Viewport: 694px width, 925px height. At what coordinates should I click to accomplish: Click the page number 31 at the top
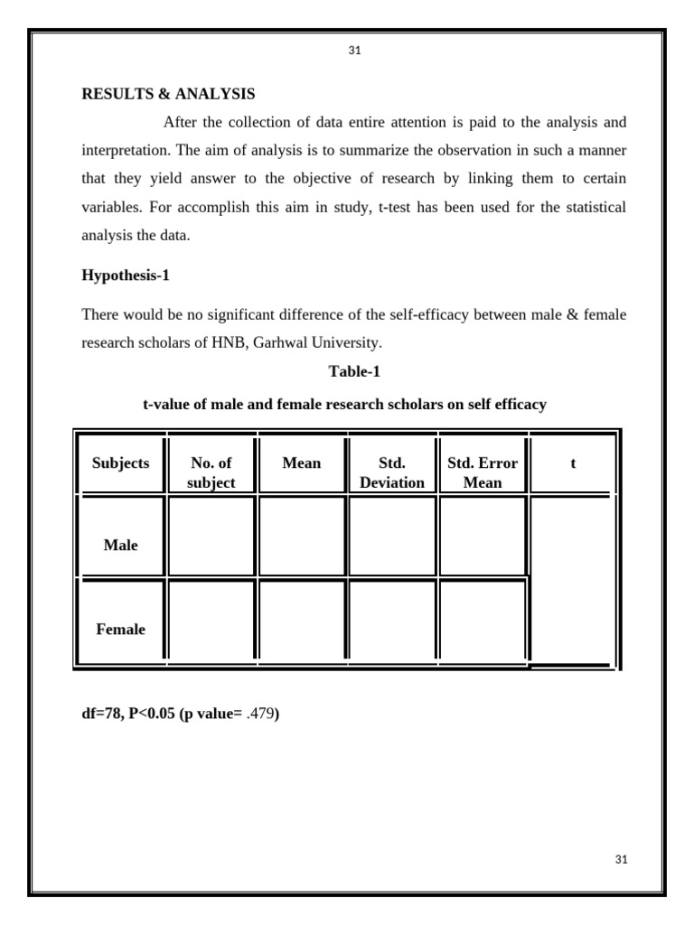pos(354,51)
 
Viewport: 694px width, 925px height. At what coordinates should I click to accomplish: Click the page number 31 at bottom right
pos(620,859)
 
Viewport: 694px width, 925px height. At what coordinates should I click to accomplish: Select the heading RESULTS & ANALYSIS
pos(168,94)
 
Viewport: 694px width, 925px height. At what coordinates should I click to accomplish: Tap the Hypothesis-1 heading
pos(126,276)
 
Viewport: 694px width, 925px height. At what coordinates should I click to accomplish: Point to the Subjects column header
pos(120,462)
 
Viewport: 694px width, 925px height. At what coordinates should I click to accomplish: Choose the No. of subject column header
pos(211,472)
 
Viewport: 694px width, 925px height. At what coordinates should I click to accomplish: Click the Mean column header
pos(302,462)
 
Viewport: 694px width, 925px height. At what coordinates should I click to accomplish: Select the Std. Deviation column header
pos(392,472)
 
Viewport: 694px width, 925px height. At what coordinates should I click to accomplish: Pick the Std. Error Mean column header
pos(483,472)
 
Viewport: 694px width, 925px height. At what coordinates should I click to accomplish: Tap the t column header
pos(573,462)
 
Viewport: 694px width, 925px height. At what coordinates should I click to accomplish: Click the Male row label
pos(120,545)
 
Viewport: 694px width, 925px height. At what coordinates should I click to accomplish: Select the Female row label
pos(120,629)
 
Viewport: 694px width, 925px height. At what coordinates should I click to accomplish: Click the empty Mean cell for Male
pos(302,537)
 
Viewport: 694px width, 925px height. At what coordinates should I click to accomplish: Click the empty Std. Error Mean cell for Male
pos(483,537)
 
